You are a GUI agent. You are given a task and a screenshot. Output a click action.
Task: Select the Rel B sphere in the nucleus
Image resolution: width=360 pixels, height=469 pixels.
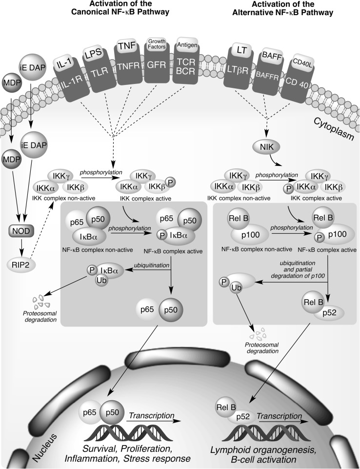pyautogui.click(x=226, y=402)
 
